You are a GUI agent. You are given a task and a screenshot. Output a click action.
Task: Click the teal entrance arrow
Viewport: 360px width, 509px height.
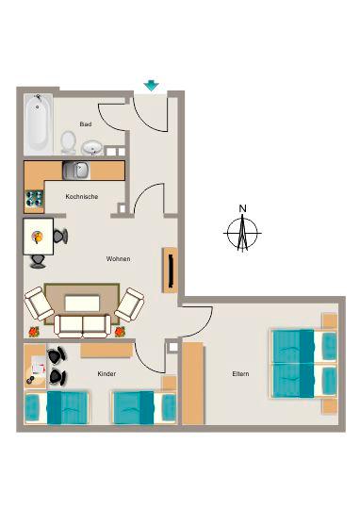[151, 87]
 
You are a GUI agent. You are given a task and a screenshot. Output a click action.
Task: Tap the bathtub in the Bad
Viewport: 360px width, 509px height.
[37, 123]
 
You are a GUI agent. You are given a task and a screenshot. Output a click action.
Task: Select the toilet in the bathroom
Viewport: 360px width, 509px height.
[69, 141]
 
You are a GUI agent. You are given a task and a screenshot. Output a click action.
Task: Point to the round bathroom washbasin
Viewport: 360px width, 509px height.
[92, 147]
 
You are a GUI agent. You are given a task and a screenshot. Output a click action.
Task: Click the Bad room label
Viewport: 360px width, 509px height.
[85, 123]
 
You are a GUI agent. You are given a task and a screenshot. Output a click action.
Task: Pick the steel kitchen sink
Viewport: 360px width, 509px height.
[75, 170]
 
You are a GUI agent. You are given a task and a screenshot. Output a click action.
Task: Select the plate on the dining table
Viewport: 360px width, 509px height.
[37, 235]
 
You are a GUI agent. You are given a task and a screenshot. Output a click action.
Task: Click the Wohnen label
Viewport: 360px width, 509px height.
[118, 259]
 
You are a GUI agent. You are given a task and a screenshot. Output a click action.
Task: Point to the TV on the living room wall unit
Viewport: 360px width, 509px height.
[171, 271]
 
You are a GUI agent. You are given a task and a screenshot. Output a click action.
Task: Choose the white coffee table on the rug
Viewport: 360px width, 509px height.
[82, 303]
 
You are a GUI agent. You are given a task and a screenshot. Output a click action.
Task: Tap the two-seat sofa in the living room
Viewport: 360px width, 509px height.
[83, 325]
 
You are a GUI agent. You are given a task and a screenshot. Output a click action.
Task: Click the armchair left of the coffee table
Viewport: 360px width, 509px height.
[40, 304]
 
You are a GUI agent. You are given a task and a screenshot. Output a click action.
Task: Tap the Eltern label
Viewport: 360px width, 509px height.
[240, 374]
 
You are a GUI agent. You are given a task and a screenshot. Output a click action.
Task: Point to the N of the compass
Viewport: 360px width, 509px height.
[242, 208]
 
